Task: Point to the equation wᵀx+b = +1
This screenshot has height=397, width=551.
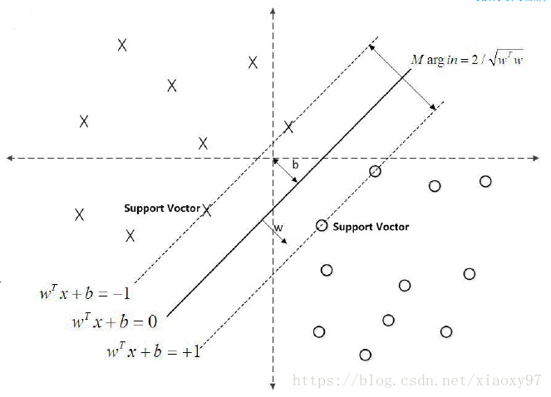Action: [154, 351]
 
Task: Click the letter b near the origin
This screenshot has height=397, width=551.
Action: [295, 165]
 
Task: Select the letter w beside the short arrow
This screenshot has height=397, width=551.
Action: [278, 227]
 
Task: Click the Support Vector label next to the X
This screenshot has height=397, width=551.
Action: [162, 208]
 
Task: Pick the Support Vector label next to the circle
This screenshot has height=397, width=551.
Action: [371, 227]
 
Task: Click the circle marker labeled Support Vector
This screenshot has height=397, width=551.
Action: [322, 226]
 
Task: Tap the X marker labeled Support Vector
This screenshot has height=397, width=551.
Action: [207, 210]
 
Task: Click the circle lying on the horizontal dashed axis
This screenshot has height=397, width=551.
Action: [375, 171]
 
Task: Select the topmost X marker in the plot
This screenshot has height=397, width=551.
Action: [122, 45]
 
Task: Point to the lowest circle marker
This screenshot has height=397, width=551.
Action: [365, 355]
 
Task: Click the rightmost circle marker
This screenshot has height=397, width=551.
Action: [485, 181]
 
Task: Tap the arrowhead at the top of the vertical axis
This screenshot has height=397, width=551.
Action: [273, 13]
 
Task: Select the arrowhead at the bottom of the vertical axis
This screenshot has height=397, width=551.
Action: [273, 385]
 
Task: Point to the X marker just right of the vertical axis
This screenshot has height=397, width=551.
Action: [288, 127]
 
